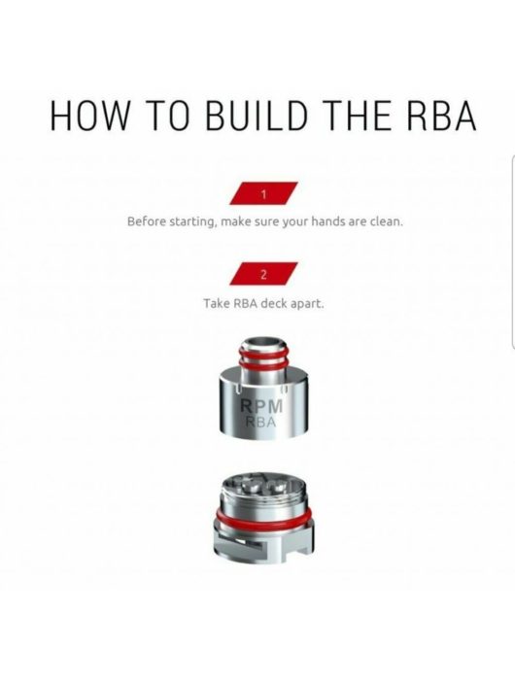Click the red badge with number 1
point(263,194)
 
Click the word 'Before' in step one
point(148,221)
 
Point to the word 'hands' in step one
point(326,221)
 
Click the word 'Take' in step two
point(216,303)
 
